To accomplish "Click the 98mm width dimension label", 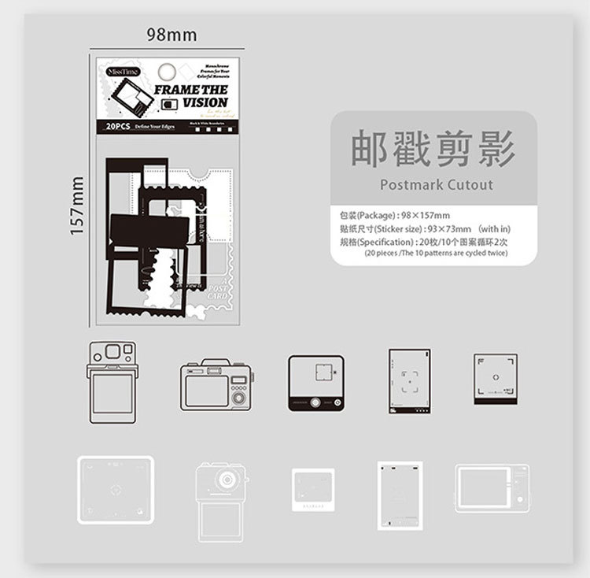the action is (x=171, y=35).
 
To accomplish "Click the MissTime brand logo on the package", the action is (x=121, y=72).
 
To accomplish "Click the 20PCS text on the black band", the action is (x=116, y=126).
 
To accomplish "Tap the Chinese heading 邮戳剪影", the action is (x=433, y=150).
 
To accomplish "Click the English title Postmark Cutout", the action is (x=437, y=185).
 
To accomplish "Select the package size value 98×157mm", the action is (x=425, y=215).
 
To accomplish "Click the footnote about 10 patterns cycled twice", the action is (x=436, y=253).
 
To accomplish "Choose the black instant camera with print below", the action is (x=111, y=382).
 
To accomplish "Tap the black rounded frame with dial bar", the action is (x=316, y=383).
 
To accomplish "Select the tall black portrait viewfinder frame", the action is (x=409, y=382).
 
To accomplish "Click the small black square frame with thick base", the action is (x=496, y=379).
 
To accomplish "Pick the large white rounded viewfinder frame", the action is (x=116, y=487).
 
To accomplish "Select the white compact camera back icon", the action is (x=492, y=488).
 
